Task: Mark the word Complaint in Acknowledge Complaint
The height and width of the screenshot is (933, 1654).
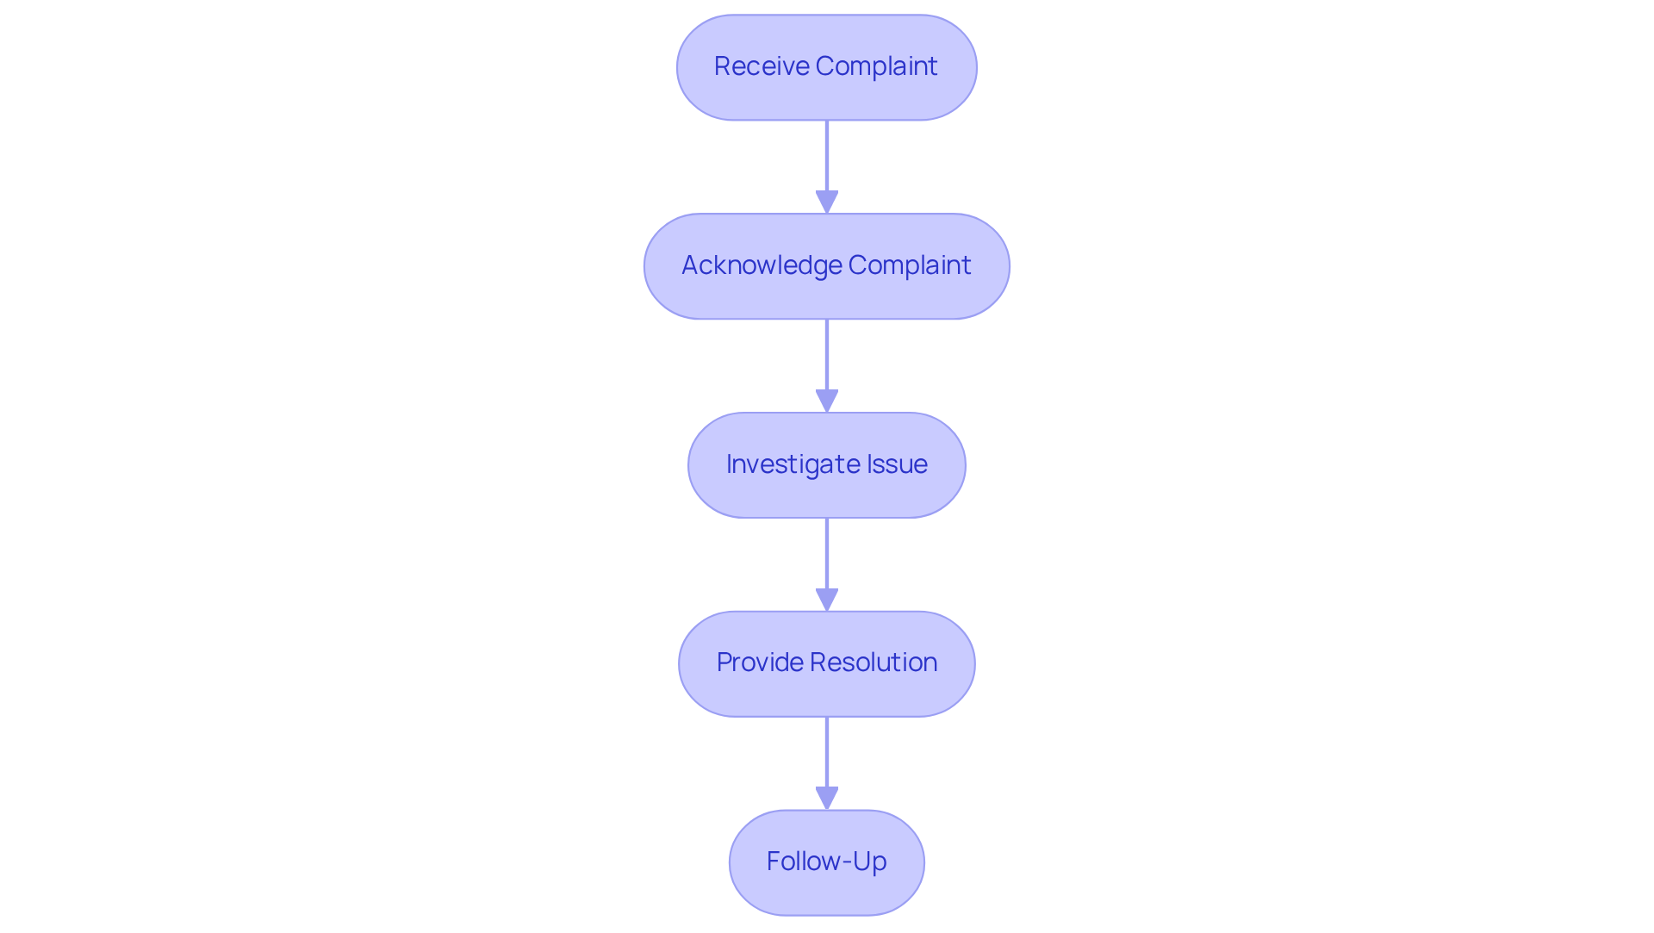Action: pyautogui.click(x=909, y=265)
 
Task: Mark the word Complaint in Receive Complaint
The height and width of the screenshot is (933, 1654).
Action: pyautogui.click(x=876, y=66)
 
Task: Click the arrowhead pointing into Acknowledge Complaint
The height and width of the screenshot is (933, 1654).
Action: pyautogui.click(x=827, y=202)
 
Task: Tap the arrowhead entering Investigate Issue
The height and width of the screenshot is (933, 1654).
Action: pyautogui.click(x=827, y=401)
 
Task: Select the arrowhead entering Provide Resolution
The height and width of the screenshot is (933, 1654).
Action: pyautogui.click(x=827, y=600)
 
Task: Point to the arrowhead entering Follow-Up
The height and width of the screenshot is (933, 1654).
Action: pyautogui.click(x=827, y=798)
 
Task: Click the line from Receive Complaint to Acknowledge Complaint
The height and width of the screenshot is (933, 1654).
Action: pyautogui.click(x=827, y=155)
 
